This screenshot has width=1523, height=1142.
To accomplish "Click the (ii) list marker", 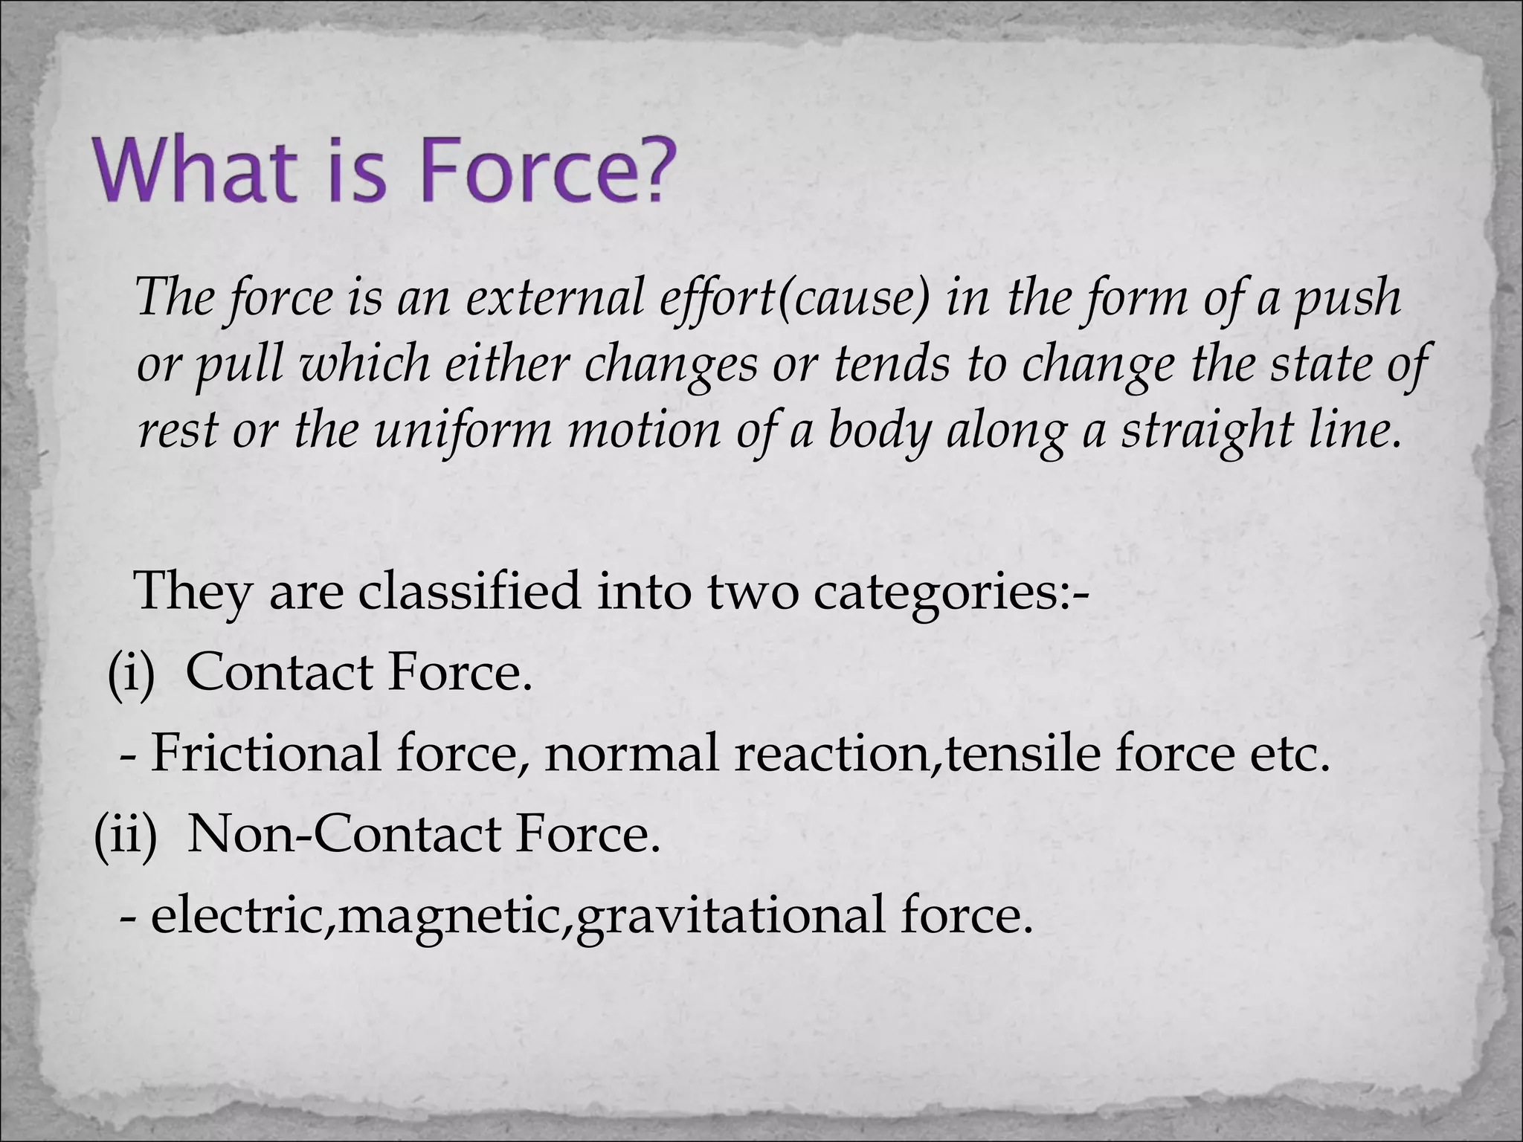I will pos(126,834).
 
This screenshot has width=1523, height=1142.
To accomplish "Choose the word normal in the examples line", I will pos(631,754).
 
